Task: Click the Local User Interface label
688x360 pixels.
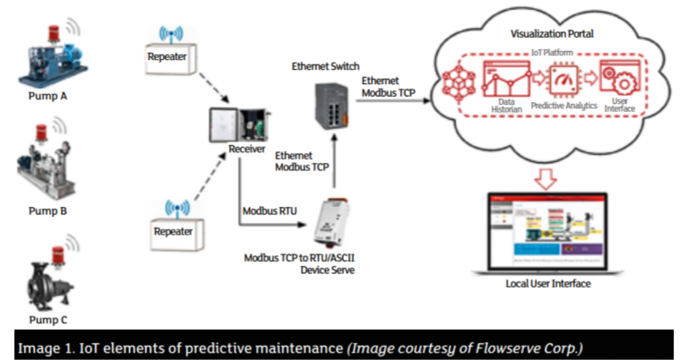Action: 548,284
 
